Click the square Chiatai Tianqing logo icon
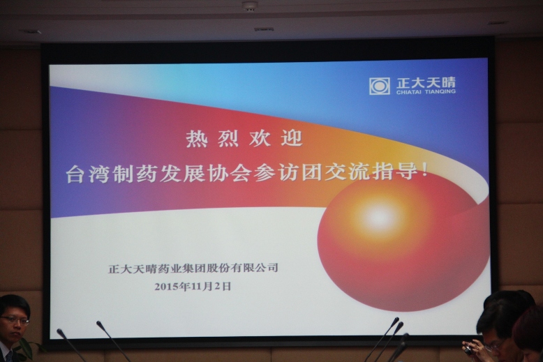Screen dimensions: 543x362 (380, 86)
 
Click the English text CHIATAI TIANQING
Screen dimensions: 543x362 (426, 92)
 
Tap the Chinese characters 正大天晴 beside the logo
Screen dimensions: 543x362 (426, 82)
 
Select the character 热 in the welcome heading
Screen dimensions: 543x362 (196, 139)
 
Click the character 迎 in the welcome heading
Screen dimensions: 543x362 (292, 138)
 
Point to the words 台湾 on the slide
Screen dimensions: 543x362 (89, 173)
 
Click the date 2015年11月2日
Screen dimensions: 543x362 (193, 287)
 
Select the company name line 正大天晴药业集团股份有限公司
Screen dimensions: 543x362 (193, 269)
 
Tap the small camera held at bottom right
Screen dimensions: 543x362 (468, 350)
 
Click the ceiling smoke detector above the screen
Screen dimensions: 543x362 (249, 6)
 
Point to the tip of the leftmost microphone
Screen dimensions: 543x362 (59, 331)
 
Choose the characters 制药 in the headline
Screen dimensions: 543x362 (135, 173)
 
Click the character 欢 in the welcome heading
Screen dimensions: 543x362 (260, 139)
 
